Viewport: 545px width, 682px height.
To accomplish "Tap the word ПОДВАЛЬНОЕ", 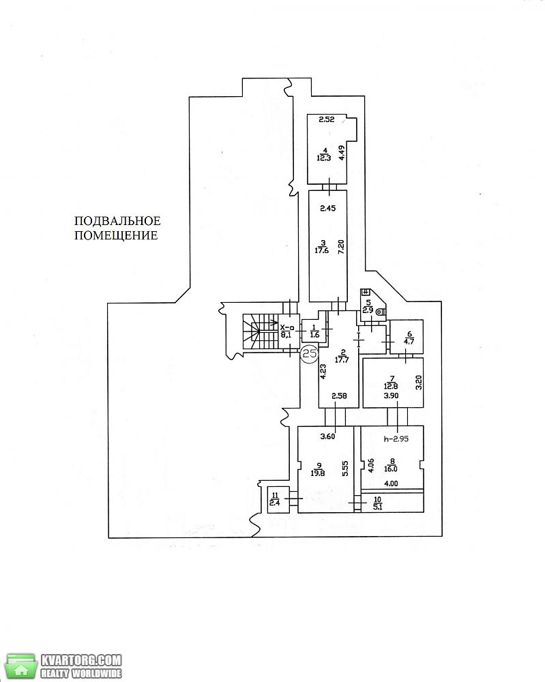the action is pos(117,221).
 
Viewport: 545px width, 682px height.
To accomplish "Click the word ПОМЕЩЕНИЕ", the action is pos(116,236).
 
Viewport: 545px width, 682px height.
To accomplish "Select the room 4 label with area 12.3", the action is pos(323,154).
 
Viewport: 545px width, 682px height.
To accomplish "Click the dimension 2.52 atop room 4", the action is pos(327,119).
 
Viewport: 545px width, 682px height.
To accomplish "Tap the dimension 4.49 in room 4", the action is pos(342,153).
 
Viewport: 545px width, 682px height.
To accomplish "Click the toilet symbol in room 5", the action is pos(381,312).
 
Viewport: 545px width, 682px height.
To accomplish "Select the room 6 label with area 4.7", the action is pos(409,338).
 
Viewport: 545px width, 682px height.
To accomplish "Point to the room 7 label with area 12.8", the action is pos(391,382).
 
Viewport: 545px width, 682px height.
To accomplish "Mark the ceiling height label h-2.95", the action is pos(396,439).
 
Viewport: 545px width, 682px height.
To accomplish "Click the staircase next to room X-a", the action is pos(260,332).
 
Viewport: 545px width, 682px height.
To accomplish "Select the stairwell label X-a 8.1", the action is pos(287,331).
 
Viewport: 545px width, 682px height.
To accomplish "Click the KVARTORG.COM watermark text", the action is pos(81,659).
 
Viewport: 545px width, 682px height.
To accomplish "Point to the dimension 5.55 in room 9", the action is pos(345,469).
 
